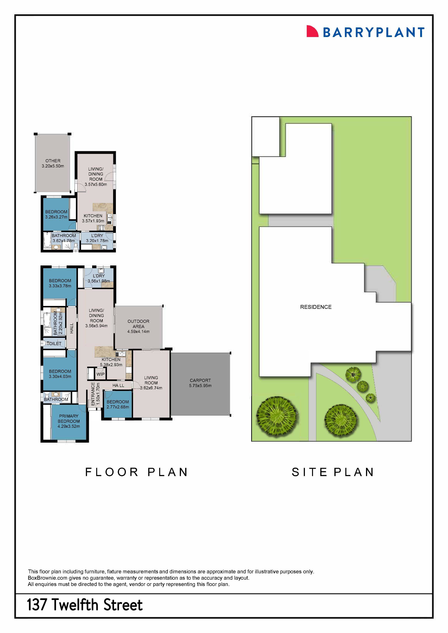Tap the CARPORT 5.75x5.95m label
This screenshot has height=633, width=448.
(x=200, y=383)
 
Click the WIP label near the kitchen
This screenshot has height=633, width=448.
(x=100, y=374)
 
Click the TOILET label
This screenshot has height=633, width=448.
(x=54, y=344)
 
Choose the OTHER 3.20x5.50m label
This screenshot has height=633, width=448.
(x=53, y=163)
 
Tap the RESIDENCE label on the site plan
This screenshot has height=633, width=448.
(x=316, y=307)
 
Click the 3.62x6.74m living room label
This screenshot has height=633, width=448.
(x=151, y=383)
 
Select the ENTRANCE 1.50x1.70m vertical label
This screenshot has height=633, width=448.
(x=95, y=393)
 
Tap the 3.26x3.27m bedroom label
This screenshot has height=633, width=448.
(x=56, y=214)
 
